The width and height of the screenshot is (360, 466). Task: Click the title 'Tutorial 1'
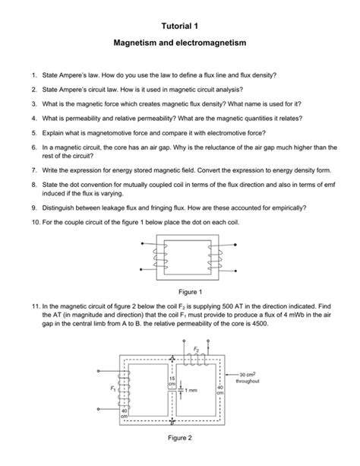180,27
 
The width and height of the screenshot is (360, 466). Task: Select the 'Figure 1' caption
180,290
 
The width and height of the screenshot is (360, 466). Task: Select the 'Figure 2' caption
180,439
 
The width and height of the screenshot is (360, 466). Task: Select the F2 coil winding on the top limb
197,360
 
